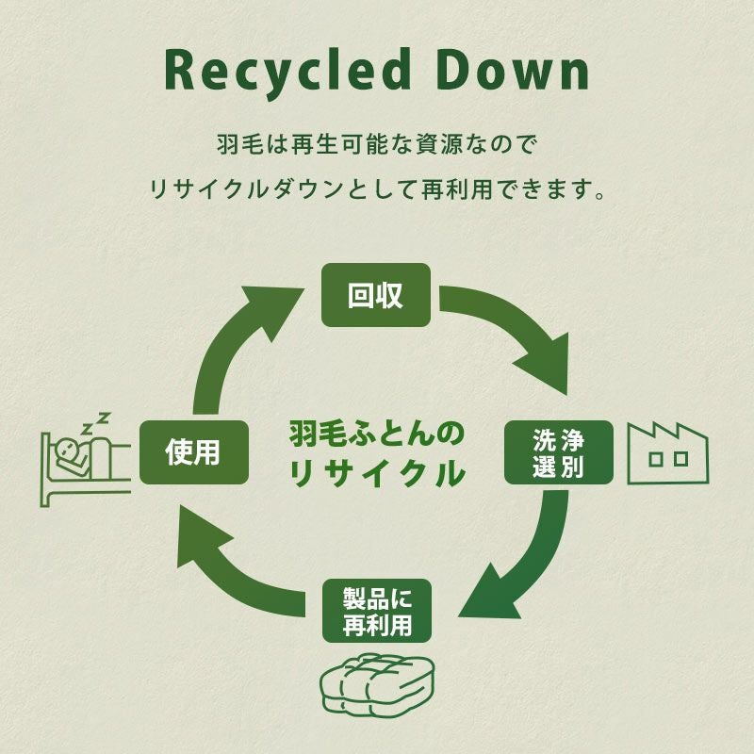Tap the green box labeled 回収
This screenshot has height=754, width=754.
[x=376, y=295]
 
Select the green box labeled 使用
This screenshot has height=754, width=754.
[x=193, y=452]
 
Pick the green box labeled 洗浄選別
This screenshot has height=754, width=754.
[x=559, y=452]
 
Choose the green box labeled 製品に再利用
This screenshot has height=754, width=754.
[x=376, y=610]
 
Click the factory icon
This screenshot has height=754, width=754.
[x=668, y=453]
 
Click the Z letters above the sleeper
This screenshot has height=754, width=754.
[x=94, y=422]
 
